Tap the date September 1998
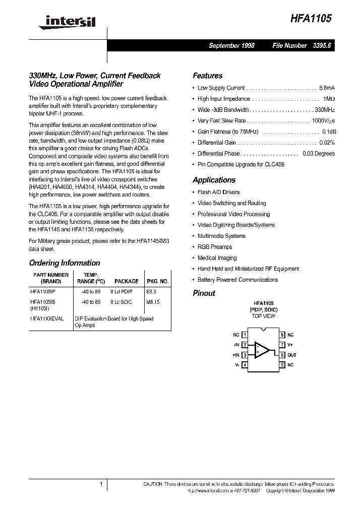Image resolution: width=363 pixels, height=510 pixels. tap(231, 45)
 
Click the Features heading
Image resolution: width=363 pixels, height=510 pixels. tap(207, 76)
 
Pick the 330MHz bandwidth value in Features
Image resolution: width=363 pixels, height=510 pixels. tap(325, 110)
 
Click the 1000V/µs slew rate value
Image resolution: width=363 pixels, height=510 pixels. tap(323, 121)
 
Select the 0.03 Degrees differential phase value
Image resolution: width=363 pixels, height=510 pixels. tap(318, 154)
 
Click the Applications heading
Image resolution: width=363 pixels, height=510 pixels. tap(214, 180)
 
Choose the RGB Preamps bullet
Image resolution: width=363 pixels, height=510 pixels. tap(215, 247)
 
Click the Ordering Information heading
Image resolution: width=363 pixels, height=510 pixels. tap(65, 263)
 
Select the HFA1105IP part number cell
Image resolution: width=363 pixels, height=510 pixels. tap(46, 291)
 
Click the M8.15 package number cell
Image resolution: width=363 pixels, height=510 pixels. tap(153, 302)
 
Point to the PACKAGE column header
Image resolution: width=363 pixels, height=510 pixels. tap(126, 282)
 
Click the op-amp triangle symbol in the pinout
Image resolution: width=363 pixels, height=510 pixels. tap(262, 349)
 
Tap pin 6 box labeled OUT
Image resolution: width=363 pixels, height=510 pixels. tap(283, 355)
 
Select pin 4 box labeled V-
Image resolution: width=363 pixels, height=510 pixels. tap(245, 365)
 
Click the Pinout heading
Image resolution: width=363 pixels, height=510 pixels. tap(204, 293)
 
